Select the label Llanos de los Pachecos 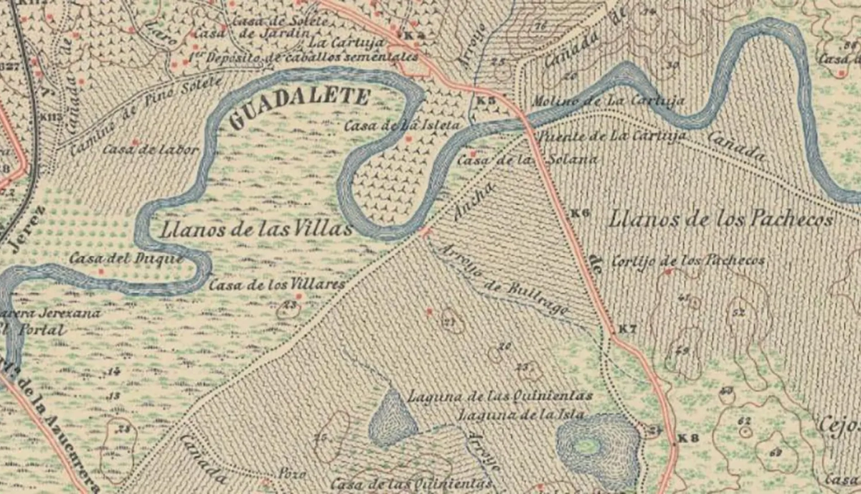tap(721, 219)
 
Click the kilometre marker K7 tap(627, 329)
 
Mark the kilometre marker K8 tap(687, 438)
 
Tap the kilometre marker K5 tap(486, 101)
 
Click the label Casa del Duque tap(126, 258)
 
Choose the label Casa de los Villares tap(277, 285)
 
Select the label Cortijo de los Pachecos tap(687, 260)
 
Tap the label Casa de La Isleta tap(402, 125)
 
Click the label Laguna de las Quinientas tap(500, 396)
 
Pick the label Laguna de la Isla tap(522, 414)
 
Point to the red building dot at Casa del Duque tap(101, 272)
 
